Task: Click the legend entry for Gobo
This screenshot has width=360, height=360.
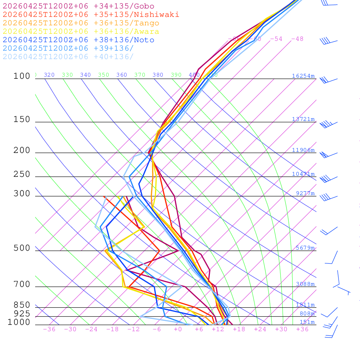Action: [78, 6]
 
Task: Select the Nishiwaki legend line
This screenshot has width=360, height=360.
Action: [91, 14]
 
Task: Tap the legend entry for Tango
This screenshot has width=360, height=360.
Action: [81, 23]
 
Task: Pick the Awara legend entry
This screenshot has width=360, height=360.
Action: [81, 32]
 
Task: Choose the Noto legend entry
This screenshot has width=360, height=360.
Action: [78, 40]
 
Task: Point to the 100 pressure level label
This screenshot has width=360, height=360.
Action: [22, 76]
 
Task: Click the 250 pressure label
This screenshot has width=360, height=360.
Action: [22, 174]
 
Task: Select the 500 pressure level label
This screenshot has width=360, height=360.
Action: [22, 248]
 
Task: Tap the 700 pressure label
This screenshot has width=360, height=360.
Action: [22, 284]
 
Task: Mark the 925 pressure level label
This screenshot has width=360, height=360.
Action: [22, 314]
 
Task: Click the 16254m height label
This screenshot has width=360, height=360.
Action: [303, 76]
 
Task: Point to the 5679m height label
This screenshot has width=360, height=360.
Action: [305, 248]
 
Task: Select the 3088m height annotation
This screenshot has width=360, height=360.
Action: [305, 284]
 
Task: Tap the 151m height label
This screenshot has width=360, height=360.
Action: [307, 322]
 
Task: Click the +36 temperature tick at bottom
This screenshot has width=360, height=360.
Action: [302, 329]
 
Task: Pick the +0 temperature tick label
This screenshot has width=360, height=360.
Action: [178, 329]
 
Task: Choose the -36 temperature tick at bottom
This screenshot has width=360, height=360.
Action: [49, 329]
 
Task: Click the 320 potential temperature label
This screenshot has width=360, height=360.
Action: [49, 75]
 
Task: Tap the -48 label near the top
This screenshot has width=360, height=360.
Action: [297, 39]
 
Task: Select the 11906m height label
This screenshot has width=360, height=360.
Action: [303, 150]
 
